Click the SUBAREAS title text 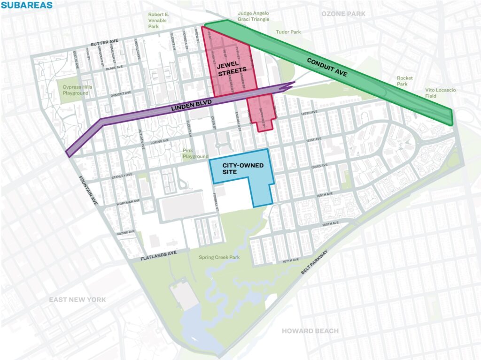click(x=27, y=6)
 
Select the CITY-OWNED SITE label click(x=236, y=169)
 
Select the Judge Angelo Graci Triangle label click(x=254, y=16)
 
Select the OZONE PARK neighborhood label click(x=343, y=14)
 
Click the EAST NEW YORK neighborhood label click(x=78, y=299)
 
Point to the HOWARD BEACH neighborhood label click(x=310, y=331)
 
